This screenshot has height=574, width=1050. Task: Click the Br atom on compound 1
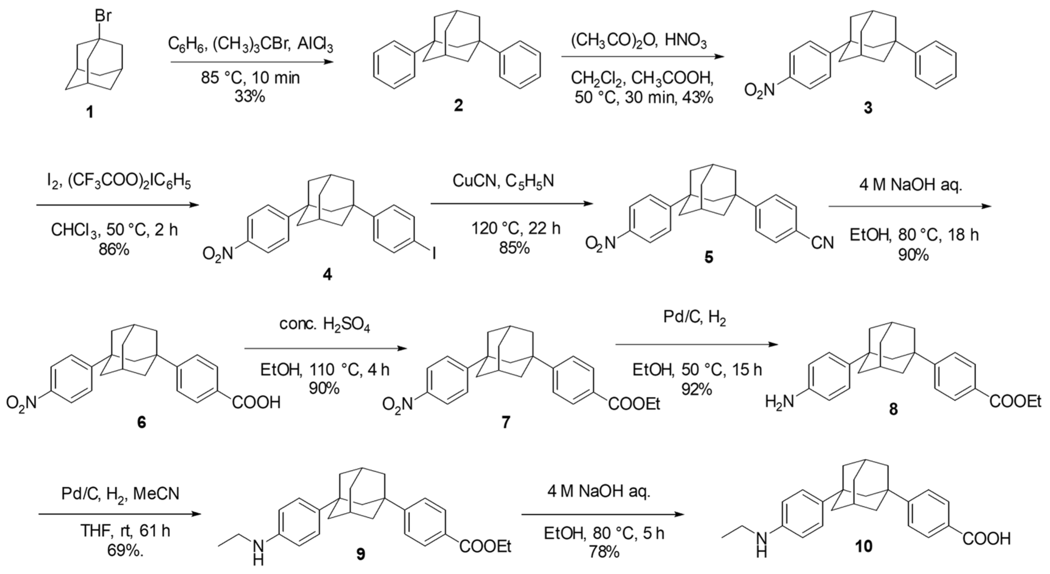pos(103,16)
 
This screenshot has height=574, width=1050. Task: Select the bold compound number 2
pos(458,106)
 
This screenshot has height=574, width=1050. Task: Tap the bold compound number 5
pos(710,258)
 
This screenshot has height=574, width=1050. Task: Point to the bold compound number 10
pos(863,546)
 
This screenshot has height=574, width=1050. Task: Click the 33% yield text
pos(249,97)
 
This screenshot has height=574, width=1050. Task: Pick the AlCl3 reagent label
pos(315,46)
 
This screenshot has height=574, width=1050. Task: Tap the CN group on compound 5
pos(822,244)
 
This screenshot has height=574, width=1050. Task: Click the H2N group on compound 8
pos(779,402)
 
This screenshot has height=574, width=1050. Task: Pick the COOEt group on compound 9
pos(485,546)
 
